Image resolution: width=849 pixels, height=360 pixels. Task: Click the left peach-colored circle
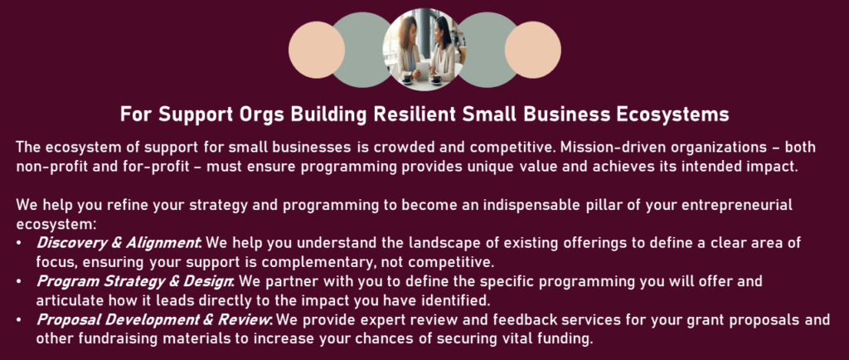coord(316,50)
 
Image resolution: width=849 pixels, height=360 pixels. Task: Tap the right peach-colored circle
coord(533,50)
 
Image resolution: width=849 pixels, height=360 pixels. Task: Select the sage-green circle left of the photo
coord(360,50)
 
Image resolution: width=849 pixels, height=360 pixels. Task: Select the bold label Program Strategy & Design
coord(135,281)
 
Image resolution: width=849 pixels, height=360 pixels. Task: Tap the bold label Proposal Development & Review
coord(154,320)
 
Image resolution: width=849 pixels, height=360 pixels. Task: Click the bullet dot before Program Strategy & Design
coord(20,282)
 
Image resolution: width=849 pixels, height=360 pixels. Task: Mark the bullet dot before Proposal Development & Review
coord(20,320)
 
